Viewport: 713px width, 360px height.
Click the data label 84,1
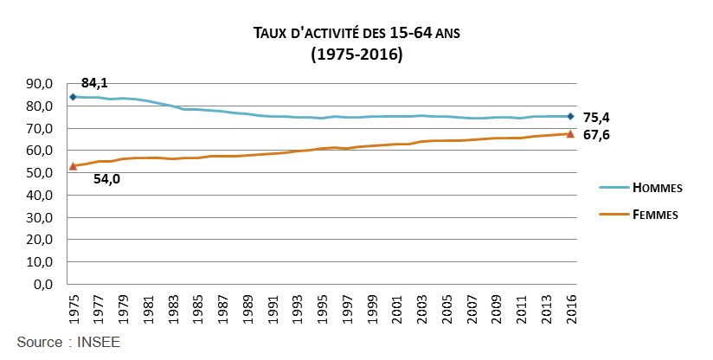pos(95,83)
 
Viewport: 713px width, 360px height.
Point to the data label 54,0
pos(106,180)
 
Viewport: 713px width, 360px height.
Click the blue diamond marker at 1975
pos(73,97)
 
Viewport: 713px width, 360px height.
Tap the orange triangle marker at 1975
pos(73,165)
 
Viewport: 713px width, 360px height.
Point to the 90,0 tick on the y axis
pos(40,84)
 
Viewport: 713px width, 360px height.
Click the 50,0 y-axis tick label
pos(40,173)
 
